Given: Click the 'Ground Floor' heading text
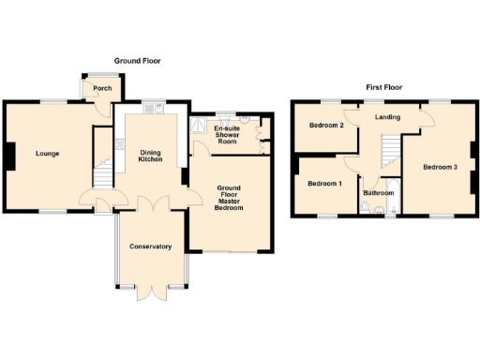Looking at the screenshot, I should [x=138, y=61].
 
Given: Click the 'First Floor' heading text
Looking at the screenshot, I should [x=383, y=87].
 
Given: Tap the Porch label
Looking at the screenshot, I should [x=102, y=89].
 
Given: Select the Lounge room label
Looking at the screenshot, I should [x=48, y=153].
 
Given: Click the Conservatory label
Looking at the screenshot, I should [x=150, y=247].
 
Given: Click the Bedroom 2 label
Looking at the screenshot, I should [x=327, y=126].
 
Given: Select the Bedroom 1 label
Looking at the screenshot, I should [x=324, y=184].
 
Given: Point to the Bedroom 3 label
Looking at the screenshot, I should [x=440, y=168].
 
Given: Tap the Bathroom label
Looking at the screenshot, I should [x=379, y=193].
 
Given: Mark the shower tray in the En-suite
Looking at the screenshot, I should [x=200, y=126].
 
